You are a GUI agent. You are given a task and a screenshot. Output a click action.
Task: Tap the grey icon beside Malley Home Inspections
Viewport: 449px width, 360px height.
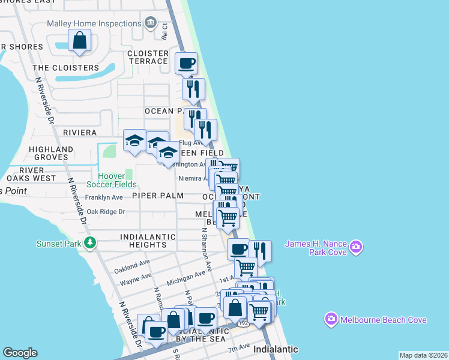(x=149, y=24)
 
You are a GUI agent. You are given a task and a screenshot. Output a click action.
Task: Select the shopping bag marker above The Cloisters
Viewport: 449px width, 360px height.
(x=80, y=41)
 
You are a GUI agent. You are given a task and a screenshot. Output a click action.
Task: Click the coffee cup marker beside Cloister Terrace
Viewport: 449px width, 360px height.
(x=186, y=62)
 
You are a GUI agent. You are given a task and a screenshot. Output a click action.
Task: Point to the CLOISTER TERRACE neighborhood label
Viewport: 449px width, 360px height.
(x=148, y=57)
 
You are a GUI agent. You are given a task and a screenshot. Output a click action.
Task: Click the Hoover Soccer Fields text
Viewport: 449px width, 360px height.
(x=111, y=180)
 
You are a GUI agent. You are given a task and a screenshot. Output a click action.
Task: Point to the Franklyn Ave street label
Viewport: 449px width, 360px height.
(x=104, y=197)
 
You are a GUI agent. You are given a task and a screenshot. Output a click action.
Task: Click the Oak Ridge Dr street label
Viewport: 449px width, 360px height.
(x=106, y=211)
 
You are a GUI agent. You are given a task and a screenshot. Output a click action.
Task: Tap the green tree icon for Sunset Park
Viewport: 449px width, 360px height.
(x=90, y=243)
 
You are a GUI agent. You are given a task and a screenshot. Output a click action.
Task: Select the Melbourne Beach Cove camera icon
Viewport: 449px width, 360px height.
(x=331, y=319)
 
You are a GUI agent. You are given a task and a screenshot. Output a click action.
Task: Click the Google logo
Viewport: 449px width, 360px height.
(x=20, y=353)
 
